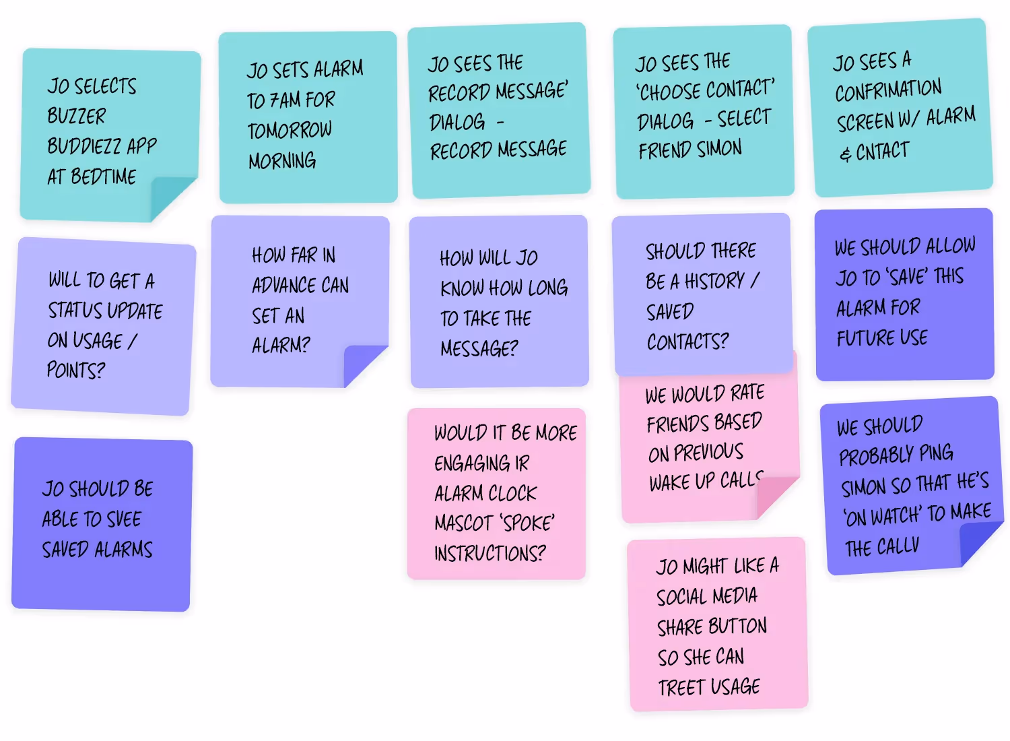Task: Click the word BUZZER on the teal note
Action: click(x=76, y=116)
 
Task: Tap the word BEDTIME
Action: click(x=103, y=176)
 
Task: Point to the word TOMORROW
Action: click(x=290, y=130)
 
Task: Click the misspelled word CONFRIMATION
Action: click(x=888, y=90)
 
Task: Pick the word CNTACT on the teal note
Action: click(x=882, y=151)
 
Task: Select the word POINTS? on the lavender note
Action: click(x=76, y=370)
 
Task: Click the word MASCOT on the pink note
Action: click(x=464, y=523)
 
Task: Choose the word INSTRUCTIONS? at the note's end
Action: click(x=490, y=553)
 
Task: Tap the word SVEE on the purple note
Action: click(x=123, y=519)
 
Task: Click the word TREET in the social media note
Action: click(x=681, y=688)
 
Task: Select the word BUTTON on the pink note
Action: click(x=739, y=626)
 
